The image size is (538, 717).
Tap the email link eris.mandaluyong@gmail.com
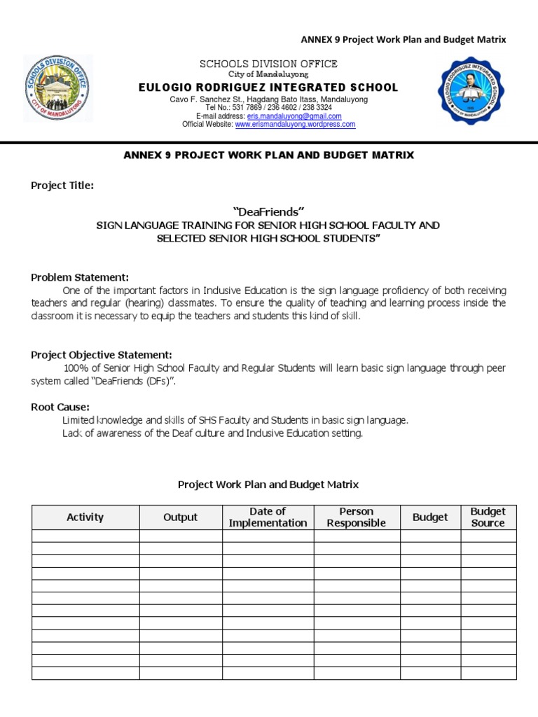pyautogui.click(x=294, y=116)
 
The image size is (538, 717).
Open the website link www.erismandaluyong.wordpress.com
pyautogui.click(x=295, y=125)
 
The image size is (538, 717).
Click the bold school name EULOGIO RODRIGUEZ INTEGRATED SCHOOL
pyautogui.click(x=268, y=88)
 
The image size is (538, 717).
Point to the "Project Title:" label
pyautogui.click(x=62, y=186)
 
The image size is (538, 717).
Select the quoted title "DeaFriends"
pyautogui.click(x=268, y=211)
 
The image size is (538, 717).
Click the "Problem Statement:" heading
pyautogui.click(x=80, y=277)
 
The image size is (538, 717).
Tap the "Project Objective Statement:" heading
pyautogui.click(x=101, y=355)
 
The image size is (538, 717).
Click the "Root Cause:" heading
pyautogui.click(x=60, y=407)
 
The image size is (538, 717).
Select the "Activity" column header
pyautogui.click(x=85, y=517)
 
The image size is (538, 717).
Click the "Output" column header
pyautogui.click(x=181, y=517)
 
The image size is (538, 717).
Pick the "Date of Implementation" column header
pyautogui.click(x=268, y=517)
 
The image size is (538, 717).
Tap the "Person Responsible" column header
pyautogui.click(x=357, y=517)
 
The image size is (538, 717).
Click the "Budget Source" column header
pyautogui.click(x=488, y=517)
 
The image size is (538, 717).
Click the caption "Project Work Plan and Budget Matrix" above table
pyautogui.click(x=268, y=485)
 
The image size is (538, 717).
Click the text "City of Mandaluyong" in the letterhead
pyautogui.click(x=268, y=74)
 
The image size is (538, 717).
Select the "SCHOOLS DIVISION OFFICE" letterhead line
pyautogui.click(x=268, y=64)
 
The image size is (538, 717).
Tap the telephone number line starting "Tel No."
pyautogui.click(x=268, y=108)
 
